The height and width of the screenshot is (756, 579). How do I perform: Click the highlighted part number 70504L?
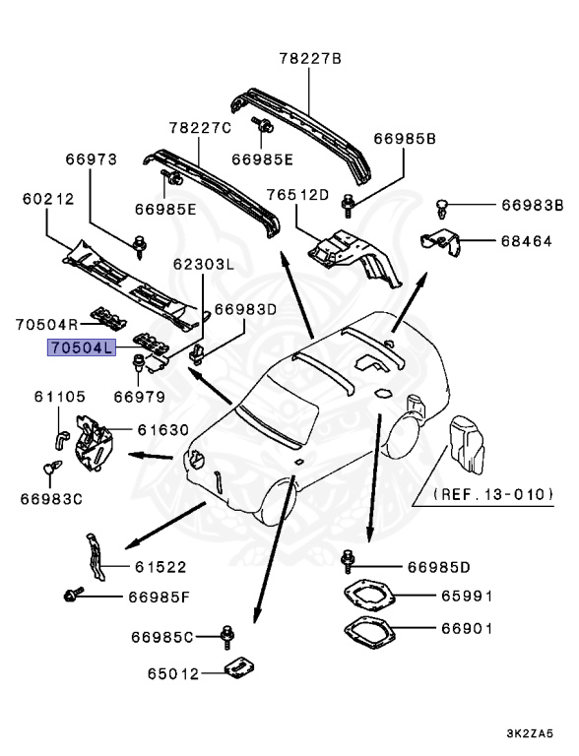(82, 347)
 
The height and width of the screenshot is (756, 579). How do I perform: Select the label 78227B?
(310, 59)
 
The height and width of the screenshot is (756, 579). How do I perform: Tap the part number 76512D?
(297, 195)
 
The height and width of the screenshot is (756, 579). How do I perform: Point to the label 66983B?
(532, 205)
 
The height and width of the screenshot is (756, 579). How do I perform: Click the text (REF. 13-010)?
(493, 494)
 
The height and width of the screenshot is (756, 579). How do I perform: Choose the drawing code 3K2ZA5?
(530, 733)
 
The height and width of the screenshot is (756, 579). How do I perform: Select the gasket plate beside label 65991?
(369, 596)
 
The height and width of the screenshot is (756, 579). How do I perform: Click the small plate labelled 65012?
(239, 668)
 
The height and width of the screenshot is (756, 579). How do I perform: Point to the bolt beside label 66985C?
(227, 638)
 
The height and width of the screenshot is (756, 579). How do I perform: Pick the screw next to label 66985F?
(73, 594)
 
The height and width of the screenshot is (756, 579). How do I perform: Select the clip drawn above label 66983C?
(52, 468)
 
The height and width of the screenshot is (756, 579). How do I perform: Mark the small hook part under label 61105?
(60, 440)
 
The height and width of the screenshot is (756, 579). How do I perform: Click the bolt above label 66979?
(139, 361)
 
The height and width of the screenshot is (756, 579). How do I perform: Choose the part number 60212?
(48, 199)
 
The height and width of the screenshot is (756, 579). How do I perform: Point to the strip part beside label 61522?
(96, 557)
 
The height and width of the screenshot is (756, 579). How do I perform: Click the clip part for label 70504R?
(108, 319)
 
